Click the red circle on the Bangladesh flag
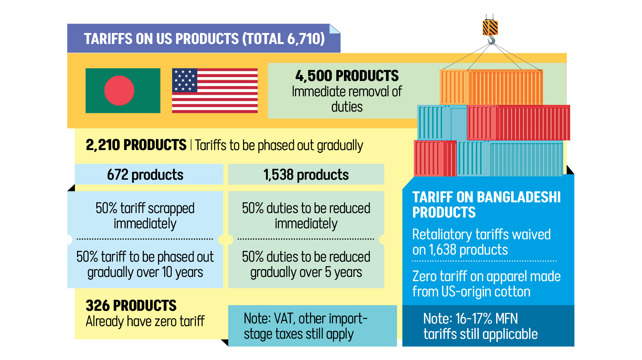click(119, 90)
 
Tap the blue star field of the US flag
click(185, 80)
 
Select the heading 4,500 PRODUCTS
click(347, 76)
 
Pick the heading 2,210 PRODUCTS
click(136, 145)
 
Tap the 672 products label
click(145, 175)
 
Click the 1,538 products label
click(306, 175)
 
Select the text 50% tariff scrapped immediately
click(145, 216)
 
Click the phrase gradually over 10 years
click(145, 272)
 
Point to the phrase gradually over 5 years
click(306, 272)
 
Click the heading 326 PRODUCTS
click(131, 305)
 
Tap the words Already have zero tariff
click(145, 321)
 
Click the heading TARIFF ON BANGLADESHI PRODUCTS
click(486, 204)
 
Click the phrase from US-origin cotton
click(471, 292)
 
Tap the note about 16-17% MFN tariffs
click(480, 326)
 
